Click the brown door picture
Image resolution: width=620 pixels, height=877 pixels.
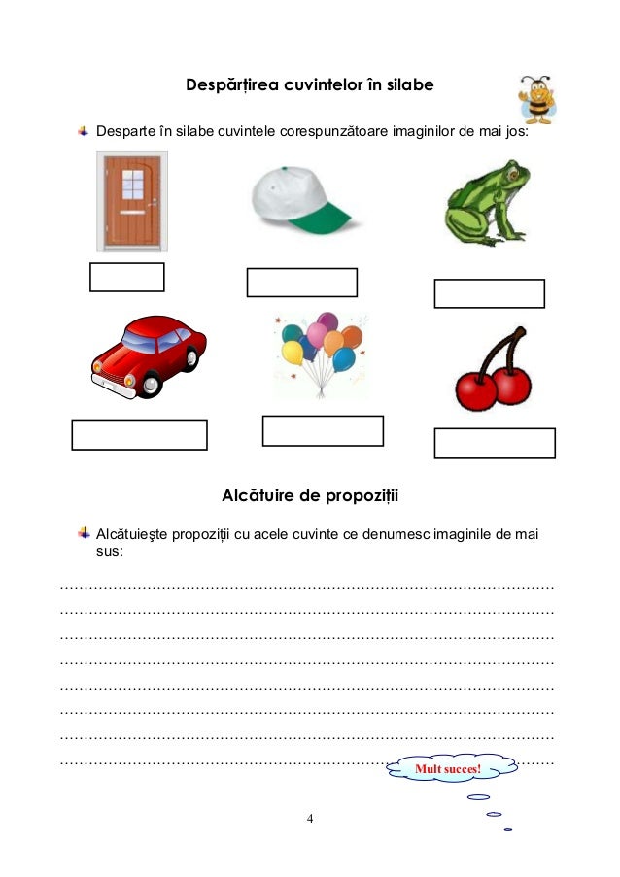pyautogui.click(x=131, y=200)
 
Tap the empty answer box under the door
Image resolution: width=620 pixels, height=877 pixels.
pyautogui.click(x=126, y=277)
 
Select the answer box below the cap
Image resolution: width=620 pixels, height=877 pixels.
pyautogui.click(x=301, y=283)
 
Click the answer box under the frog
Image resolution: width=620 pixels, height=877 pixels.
pyautogui.click(x=489, y=293)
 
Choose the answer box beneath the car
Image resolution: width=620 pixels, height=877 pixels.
pyautogui.click(x=139, y=435)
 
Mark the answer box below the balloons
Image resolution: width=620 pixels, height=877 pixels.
pyautogui.click(x=323, y=430)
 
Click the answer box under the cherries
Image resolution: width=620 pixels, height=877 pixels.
pyautogui.click(x=494, y=443)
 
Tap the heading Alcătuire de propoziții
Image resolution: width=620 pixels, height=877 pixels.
pyautogui.click(x=310, y=496)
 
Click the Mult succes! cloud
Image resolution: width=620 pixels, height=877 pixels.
pyautogui.click(x=448, y=770)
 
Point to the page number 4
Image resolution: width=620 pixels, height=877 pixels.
pyautogui.click(x=310, y=818)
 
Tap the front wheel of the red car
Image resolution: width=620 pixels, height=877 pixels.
pyautogui.click(x=150, y=384)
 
